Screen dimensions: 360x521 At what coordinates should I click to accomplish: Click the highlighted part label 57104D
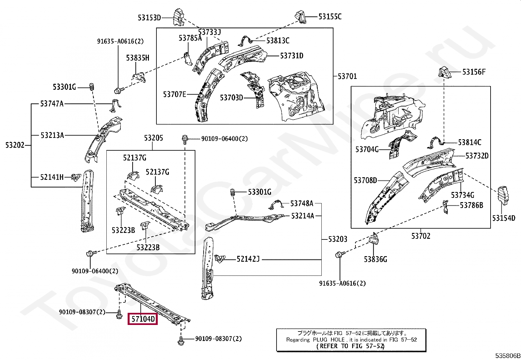(x=143, y=318)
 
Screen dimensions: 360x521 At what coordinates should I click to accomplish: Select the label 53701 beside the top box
(x=347, y=76)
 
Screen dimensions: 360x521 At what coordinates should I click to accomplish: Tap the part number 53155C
(x=330, y=17)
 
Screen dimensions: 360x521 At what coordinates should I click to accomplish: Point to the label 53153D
(x=149, y=18)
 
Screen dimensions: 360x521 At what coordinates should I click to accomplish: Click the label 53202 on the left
(x=15, y=145)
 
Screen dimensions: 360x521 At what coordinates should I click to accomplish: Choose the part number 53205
(x=153, y=138)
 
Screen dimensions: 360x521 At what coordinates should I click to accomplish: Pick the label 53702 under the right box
(x=421, y=236)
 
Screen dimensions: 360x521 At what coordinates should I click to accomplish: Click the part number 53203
(x=338, y=239)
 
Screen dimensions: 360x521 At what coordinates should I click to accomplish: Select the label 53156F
(x=474, y=72)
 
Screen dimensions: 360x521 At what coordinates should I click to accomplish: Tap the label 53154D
(x=504, y=218)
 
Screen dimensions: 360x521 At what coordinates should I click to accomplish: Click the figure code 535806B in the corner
(x=507, y=356)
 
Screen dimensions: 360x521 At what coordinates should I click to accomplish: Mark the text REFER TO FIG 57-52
(x=350, y=346)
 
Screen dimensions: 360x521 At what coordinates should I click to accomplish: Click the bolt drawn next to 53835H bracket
(x=118, y=90)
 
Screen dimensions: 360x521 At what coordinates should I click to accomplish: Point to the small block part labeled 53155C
(x=300, y=17)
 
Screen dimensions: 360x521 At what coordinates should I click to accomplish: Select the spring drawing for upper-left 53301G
(x=92, y=87)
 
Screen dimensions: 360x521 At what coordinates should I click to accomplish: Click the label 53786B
(x=471, y=205)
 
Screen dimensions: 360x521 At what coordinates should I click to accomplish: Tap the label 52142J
(x=248, y=259)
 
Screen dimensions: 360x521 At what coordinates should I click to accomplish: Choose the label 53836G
(x=375, y=259)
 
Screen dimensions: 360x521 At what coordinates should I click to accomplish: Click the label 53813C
(x=278, y=41)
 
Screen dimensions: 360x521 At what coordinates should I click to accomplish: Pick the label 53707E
(x=174, y=94)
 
